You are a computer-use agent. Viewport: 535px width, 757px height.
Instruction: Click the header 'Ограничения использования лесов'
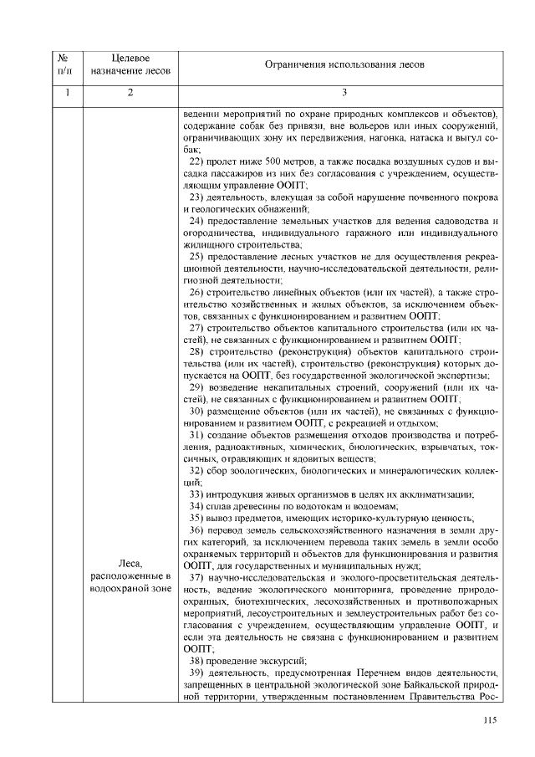344,64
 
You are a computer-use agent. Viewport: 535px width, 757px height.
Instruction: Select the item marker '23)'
198,197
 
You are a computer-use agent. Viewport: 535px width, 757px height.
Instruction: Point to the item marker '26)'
198,293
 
